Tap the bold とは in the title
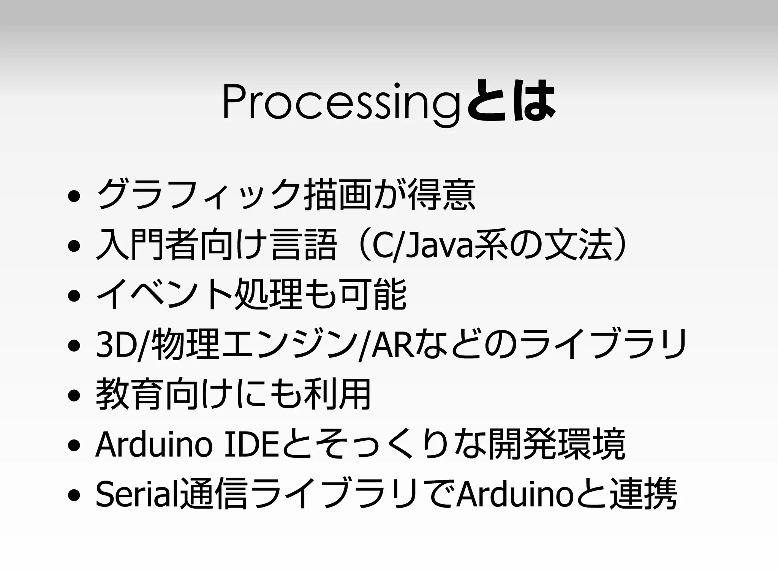(x=511, y=100)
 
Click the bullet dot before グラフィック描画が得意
(x=74, y=197)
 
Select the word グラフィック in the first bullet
(x=199, y=195)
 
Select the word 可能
(x=374, y=295)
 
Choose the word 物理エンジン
(x=253, y=344)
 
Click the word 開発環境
(x=557, y=444)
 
